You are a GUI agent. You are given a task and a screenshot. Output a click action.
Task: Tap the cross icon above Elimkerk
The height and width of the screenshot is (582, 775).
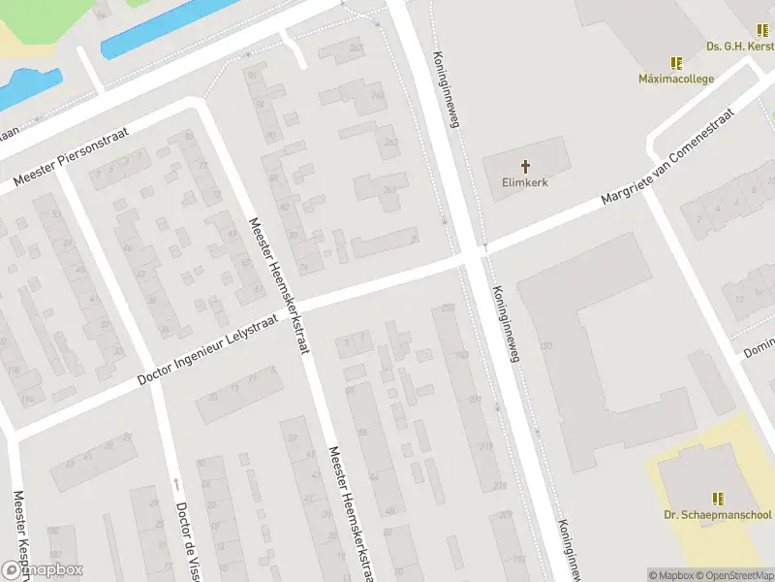click(526, 166)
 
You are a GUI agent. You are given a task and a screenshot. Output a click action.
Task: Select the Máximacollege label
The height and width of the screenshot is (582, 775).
click(676, 79)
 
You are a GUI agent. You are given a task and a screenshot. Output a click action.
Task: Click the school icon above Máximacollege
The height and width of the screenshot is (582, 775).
click(676, 63)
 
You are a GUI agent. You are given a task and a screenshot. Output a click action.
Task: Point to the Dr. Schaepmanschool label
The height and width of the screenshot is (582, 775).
click(718, 515)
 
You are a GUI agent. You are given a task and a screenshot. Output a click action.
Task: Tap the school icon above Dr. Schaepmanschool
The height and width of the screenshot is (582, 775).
click(718, 499)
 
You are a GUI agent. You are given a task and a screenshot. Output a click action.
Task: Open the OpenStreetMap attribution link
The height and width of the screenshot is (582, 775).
click(732, 575)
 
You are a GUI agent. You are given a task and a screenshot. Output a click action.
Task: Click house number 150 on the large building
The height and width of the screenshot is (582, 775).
click(545, 346)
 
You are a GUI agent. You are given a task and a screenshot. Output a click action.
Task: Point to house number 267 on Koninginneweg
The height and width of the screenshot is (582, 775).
click(356, 48)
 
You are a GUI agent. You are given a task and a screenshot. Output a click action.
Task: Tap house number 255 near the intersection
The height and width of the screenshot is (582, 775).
click(447, 307)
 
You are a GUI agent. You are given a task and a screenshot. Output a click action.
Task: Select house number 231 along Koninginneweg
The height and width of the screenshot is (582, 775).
click(475, 399)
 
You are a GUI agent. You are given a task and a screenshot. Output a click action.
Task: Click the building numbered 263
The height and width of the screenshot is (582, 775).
click(391, 143)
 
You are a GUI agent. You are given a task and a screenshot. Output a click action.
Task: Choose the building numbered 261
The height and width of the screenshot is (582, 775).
click(388, 189)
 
